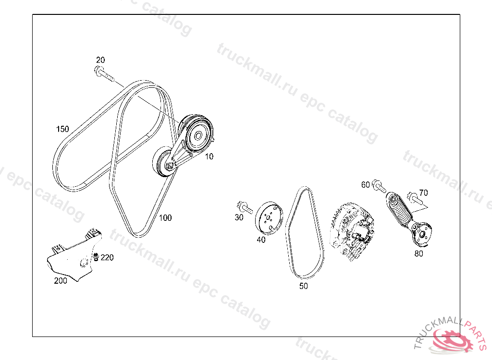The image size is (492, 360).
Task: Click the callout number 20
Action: [100, 60]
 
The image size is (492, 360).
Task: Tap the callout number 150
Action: [62, 129]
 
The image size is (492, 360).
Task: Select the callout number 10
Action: [209, 156]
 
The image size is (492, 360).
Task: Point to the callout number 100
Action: [165, 217]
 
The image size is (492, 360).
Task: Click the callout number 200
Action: [61, 281]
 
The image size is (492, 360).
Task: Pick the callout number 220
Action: [107, 257]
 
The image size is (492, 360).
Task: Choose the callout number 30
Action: [239, 217]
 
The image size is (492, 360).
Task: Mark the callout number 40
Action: [261, 240]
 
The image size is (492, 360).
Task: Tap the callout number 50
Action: [304, 286]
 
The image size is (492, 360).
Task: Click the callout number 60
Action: [366, 185]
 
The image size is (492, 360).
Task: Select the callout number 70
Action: [424, 192]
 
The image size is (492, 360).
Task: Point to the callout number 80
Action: [419, 253]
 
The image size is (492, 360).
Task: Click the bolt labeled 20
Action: [104, 73]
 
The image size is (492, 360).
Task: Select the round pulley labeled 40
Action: [269, 218]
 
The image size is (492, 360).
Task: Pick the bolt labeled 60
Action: [379, 186]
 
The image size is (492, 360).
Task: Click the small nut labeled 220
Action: [96, 257]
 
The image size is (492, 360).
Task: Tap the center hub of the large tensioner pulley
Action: [198, 136]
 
